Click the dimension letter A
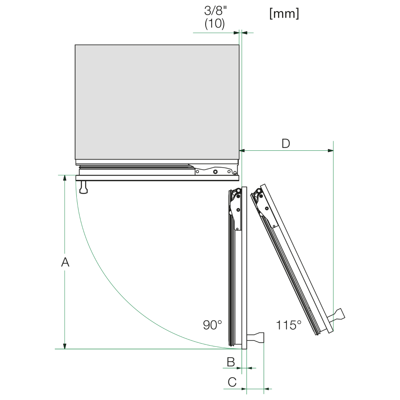tap(65, 262)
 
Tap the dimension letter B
tap(231, 362)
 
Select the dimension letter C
tap(232, 382)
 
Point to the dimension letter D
tap(286, 144)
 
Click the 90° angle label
tap(212, 325)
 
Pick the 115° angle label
tap(288, 325)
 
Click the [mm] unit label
tap(284, 13)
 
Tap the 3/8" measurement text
tap(216, 11)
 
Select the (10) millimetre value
tap(215, 24)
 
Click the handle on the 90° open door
tap(256, 338)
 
